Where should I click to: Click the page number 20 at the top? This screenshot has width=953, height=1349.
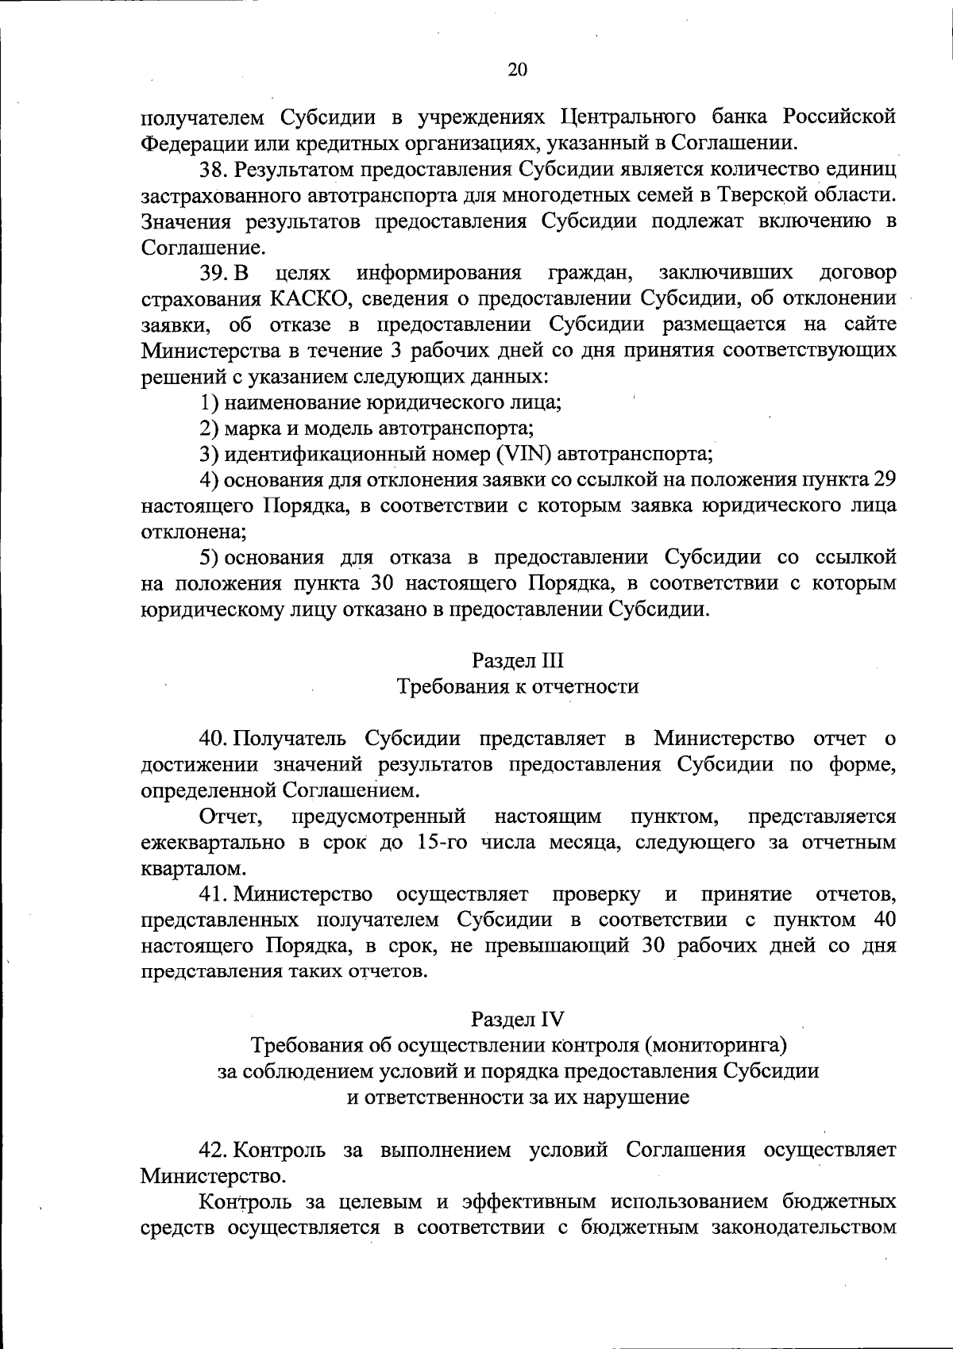[517, 69]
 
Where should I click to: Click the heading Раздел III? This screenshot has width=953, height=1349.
[517, 660]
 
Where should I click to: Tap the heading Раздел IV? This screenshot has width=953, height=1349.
[517, 1018]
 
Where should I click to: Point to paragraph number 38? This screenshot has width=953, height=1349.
[213, 170]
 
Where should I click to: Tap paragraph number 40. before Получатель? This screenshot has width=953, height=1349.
[214, 738]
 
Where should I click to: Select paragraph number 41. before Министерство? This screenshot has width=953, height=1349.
[214, 894]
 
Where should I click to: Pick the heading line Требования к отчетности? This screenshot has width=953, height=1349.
[517, 686]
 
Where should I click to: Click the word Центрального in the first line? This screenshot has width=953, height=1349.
[626, 117]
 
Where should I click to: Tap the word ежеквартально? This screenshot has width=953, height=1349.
[215, 842]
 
